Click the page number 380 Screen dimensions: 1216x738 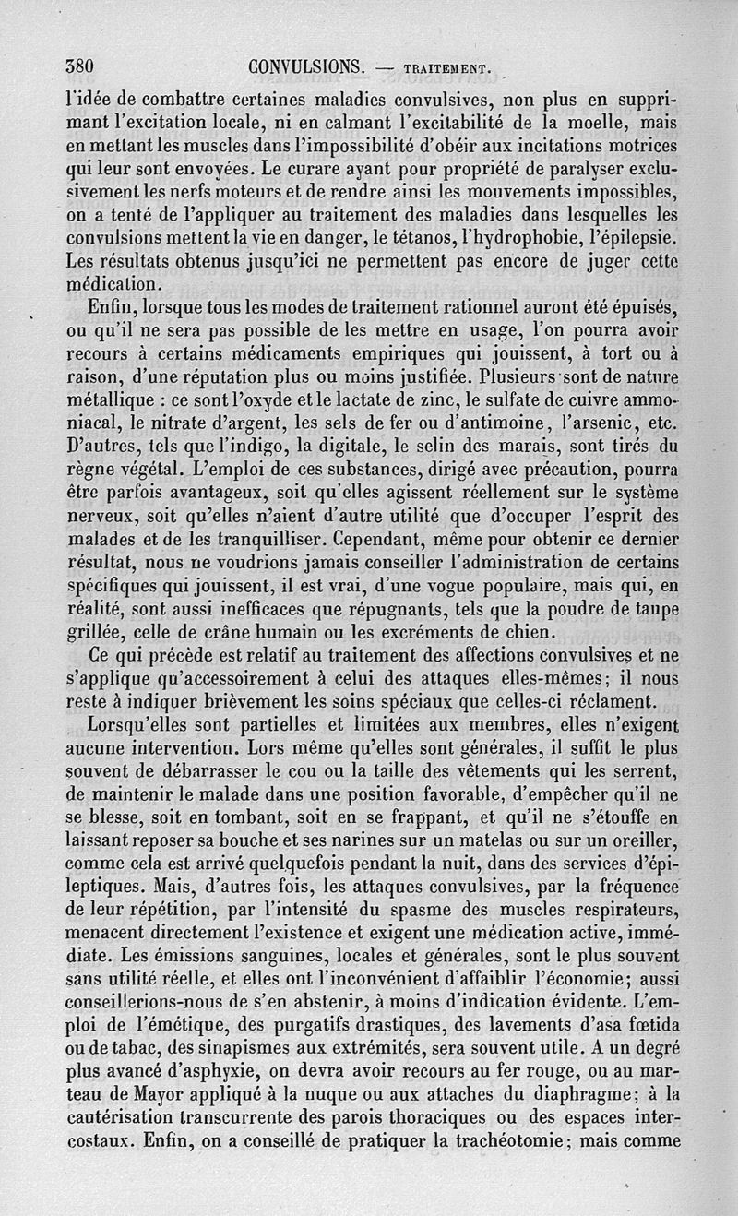(82, 67)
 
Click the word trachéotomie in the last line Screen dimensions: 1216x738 (490, 1139)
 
